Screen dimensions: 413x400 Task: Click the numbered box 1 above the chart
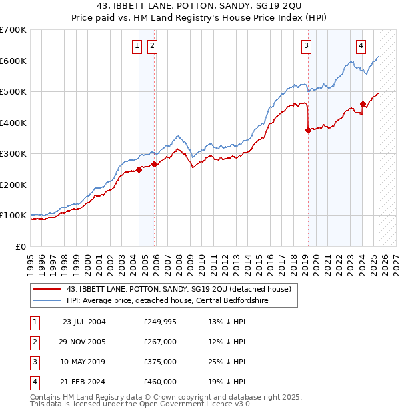137,46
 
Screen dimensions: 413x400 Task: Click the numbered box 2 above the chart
152,46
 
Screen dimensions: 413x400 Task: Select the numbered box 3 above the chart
306,46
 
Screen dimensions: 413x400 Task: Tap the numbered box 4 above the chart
361,46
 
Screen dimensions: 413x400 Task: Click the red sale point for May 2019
308,131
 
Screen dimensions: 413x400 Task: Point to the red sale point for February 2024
363,104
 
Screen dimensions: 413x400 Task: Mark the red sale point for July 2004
139,169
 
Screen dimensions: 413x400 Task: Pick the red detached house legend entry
179,289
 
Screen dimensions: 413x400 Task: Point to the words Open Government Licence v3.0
197,404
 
